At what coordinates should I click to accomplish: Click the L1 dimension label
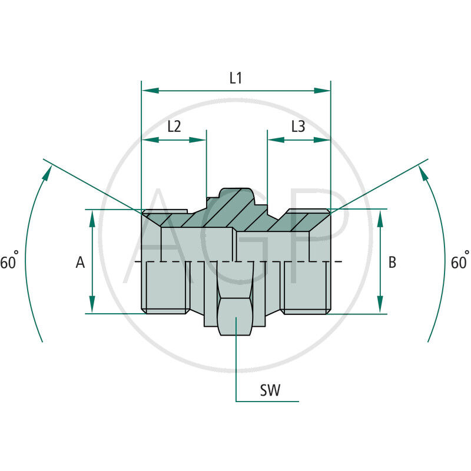(x=235, y=78)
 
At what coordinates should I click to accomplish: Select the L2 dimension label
(x=174, y=127)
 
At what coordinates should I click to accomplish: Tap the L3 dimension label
(x=298, y=127)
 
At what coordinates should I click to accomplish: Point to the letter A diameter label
(x=80, y=263)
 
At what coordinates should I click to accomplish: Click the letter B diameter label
(x=392, y=263)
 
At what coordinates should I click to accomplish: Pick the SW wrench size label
(x=270, y=390)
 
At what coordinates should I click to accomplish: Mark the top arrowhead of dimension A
(x=92, y=217)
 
